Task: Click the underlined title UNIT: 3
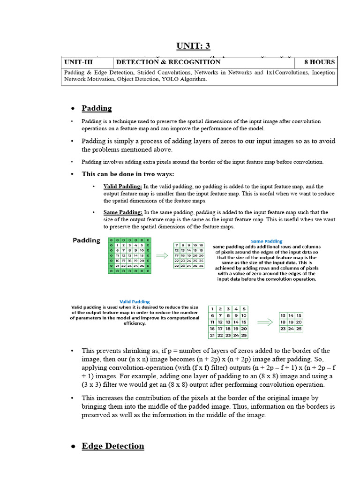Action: (x=193, y=45)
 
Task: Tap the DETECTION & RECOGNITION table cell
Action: (x=168, y=62)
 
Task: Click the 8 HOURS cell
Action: (x=319, y=62)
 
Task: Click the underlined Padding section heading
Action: (x=97, y=108)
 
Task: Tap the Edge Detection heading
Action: (x=113, y=446)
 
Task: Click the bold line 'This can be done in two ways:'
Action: (x=127, y=174)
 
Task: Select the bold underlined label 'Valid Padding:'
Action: (x=123, y=186)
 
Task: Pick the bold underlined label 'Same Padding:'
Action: (x=123, y=212)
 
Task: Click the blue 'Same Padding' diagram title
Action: (x=266, y=242)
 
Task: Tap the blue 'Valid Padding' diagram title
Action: (x=135, y=302)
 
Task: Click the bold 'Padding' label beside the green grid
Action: (x=86, y=240)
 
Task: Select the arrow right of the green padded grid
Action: (x=162, y=256)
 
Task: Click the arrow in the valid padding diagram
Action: (x=265, y=322)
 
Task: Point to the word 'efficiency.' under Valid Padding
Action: (x=135, y=323)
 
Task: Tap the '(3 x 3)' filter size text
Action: (x=93, y=385)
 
